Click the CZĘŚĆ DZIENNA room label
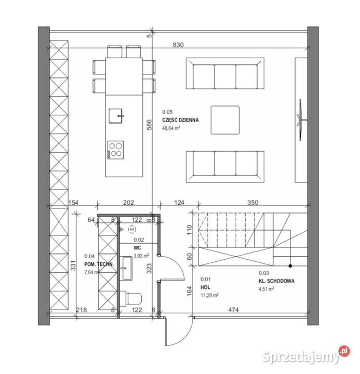(180, 120)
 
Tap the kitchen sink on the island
(116, 114)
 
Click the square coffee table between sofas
(225, 120)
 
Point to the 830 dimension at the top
(178, 45)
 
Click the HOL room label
(205, 287)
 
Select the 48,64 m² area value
(171, 128)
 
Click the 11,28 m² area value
(209, 295)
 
